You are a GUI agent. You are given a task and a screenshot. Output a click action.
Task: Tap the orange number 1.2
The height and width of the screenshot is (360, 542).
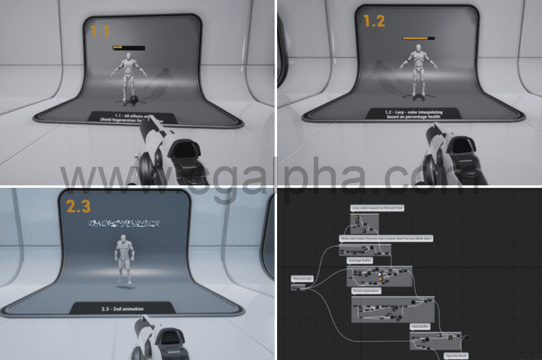point(374,22)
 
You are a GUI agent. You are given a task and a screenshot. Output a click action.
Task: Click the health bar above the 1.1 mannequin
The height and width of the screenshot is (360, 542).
point(128,47)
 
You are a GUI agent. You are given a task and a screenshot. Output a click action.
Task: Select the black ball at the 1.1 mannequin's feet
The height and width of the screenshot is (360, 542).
point(135,101)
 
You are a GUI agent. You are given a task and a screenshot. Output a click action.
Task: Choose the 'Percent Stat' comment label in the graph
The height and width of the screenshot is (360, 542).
point(301,279)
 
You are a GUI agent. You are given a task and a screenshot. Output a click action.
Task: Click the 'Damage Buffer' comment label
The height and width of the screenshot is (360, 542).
point(360,260)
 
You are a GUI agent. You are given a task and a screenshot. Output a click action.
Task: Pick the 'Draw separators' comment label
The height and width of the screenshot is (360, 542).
point(367,290)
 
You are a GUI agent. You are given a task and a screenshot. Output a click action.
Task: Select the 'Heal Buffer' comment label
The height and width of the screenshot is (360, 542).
point(421,326)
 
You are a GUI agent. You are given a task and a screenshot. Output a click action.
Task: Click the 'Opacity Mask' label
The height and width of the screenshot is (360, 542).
point(455,355)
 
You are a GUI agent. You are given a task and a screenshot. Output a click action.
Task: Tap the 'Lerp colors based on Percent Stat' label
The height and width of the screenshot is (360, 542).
point(377,207)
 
